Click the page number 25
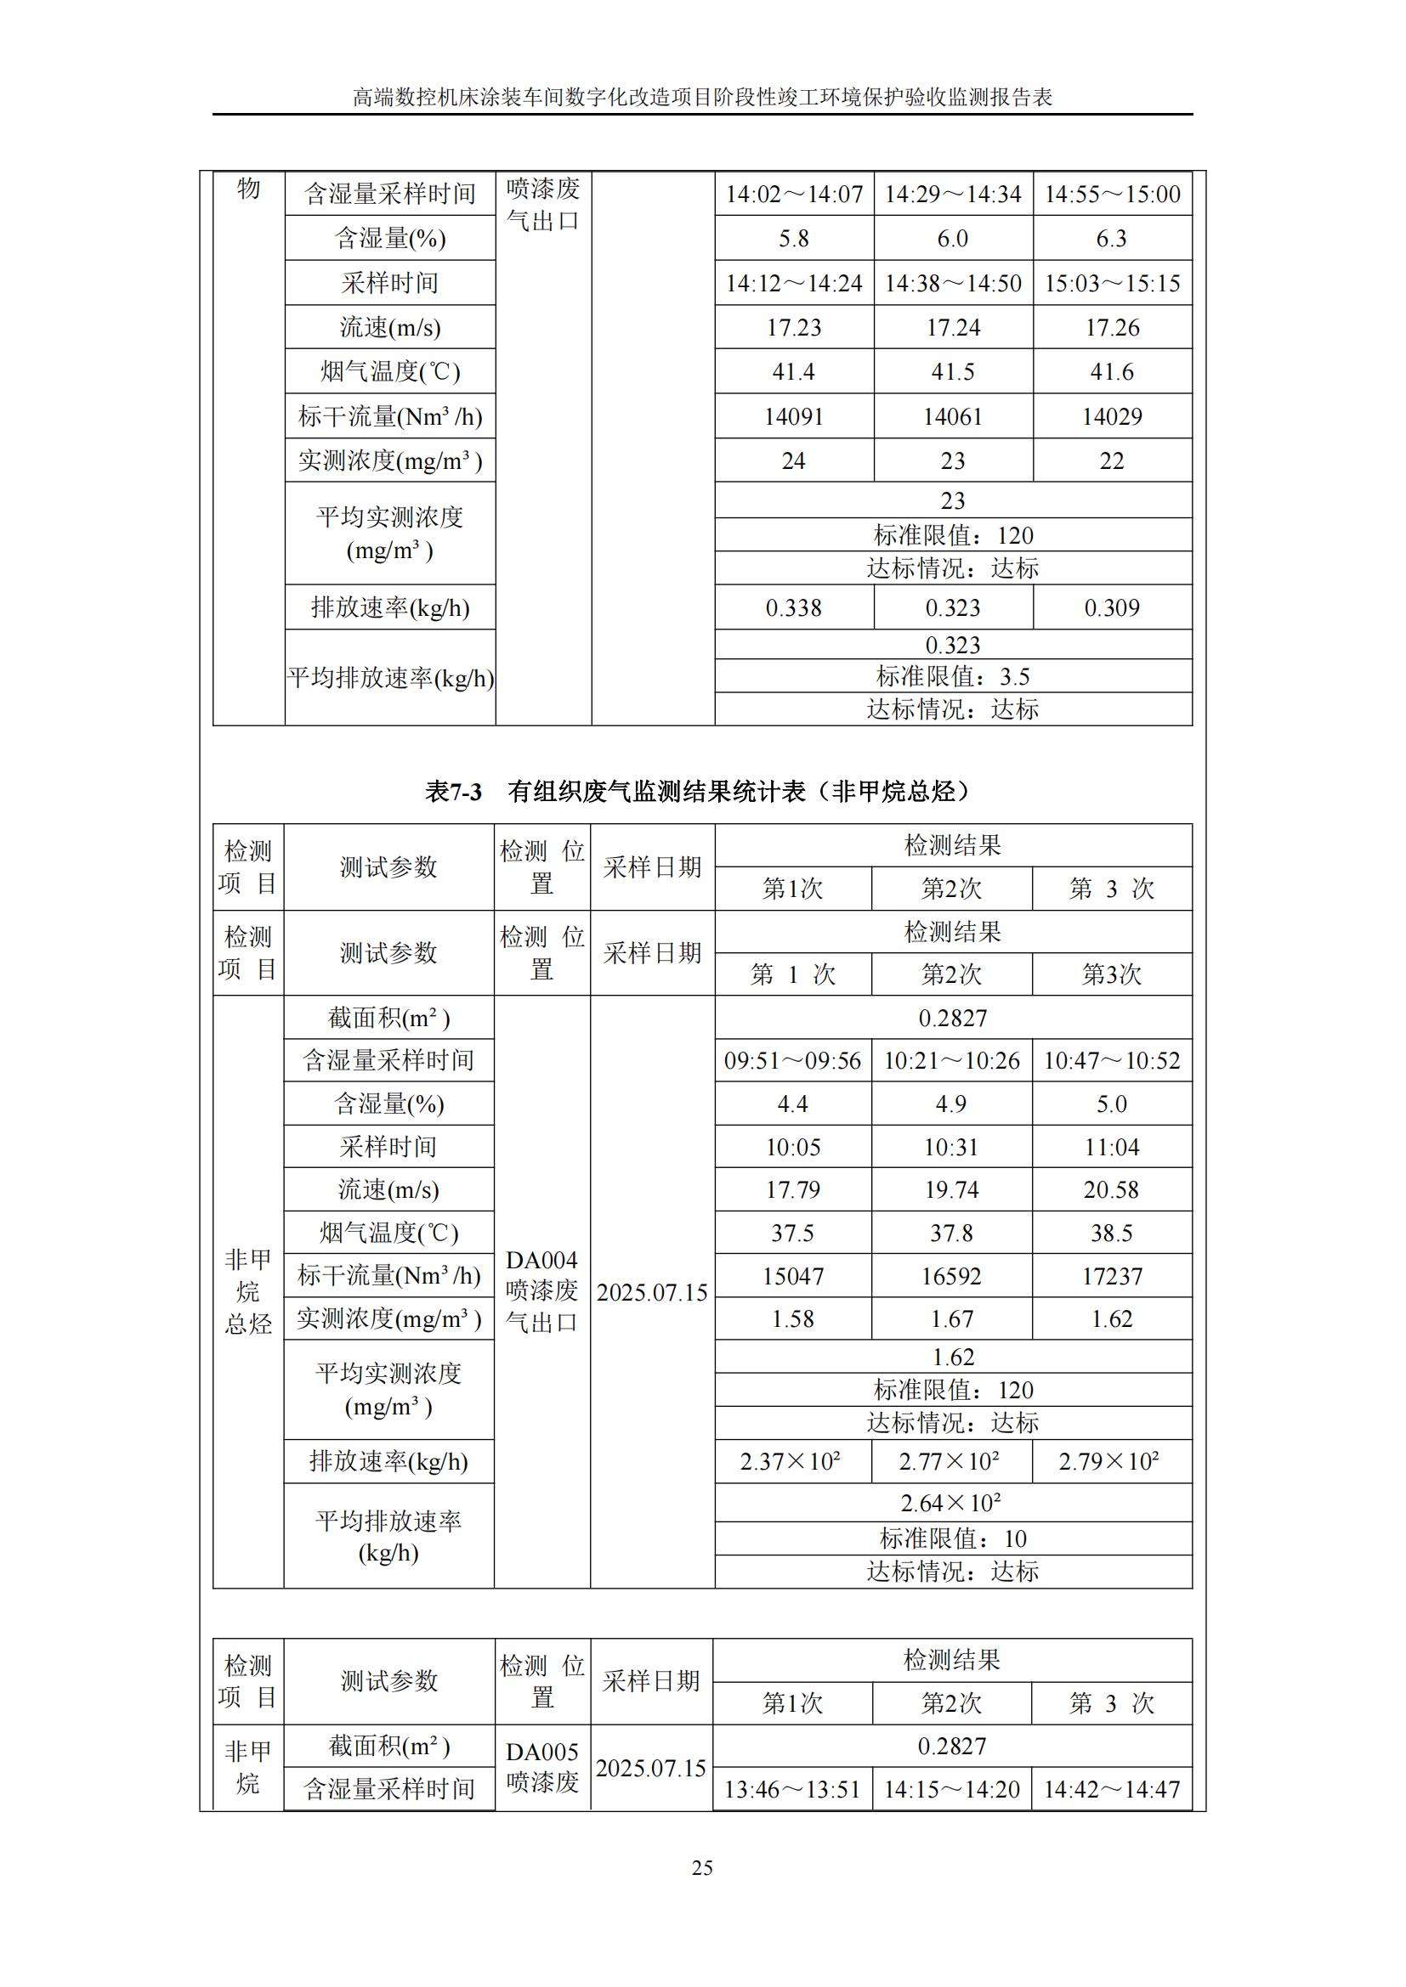click(x=702, y=1867)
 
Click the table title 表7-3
click(x=453, y=791)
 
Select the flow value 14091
click(x=793, y=416)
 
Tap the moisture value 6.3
click(x=1112, y=239)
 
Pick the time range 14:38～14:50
click(x=952, y=283)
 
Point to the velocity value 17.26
click(x=1112, y=327)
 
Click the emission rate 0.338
click(x=793, y=607)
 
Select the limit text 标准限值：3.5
click(x=952, y=676)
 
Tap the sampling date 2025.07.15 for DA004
click(x=652, y=1292)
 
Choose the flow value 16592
click(x=951, y=1276)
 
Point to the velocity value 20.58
click(x=1112, y=1189)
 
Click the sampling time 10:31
click(x=951, y=1147)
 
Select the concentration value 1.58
click(x=793, y=1319)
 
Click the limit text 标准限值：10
click(x=952, y=1538)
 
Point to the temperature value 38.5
click(x=1112, y=1233)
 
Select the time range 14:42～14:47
click(x=1112, y=1789)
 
